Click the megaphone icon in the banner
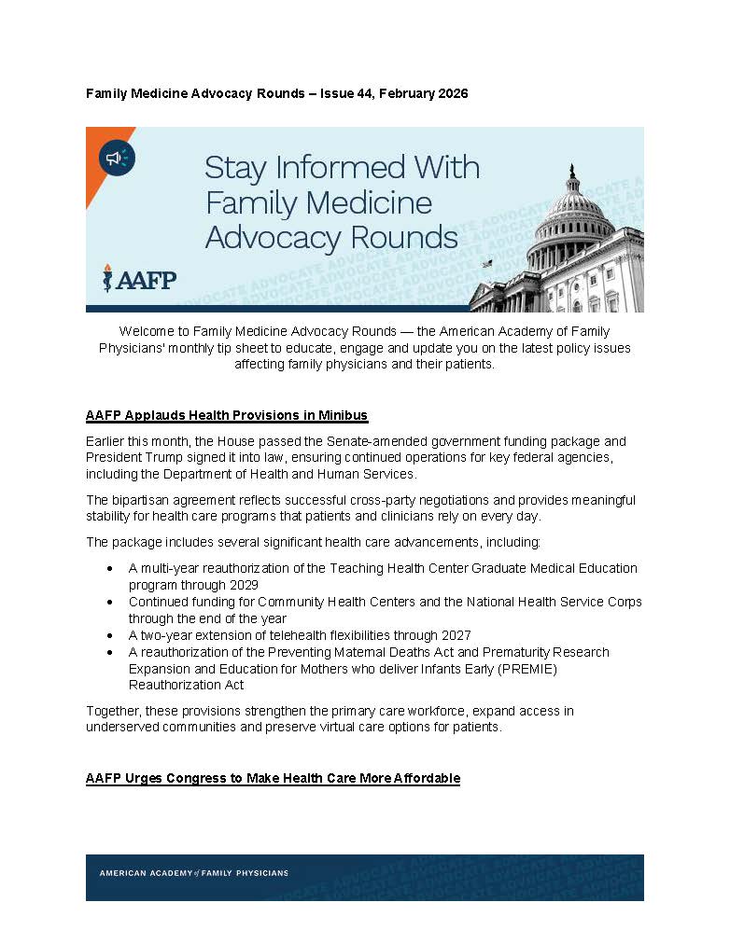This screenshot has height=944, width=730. click(116, 159)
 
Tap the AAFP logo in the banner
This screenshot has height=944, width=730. click(140, 278)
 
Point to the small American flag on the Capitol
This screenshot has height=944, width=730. click(485, 265)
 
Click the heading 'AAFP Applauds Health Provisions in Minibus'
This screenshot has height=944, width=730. click(227, 414)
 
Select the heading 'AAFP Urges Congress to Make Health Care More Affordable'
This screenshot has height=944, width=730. click(273, 778)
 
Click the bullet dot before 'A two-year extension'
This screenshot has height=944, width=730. click(111, 635)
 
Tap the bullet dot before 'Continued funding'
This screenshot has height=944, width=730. click(111, 602)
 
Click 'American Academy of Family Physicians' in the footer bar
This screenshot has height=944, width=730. click(194, 873)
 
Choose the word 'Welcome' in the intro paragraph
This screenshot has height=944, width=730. click(146, 331)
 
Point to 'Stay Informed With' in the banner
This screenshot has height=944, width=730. click(342, 169)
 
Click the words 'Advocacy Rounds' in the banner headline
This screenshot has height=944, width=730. click(331, 237)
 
